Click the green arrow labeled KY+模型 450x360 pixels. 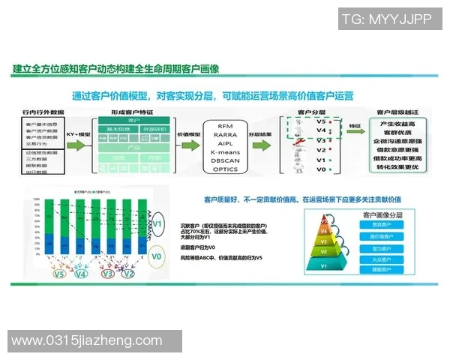[x=80, y=137]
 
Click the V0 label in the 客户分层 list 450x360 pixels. [x=321, y=170]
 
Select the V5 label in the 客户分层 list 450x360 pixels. [x=321, y=121]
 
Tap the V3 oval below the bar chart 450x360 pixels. [x=109, y=274]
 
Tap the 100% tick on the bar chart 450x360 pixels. [x=35, y=199]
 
